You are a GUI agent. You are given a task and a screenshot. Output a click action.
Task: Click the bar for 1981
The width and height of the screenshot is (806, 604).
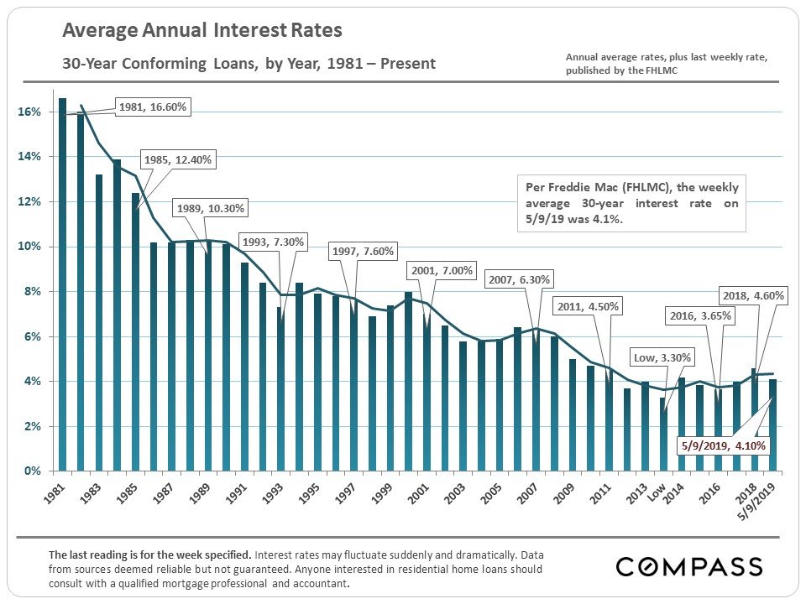pyautogui.click(x=62, y=285)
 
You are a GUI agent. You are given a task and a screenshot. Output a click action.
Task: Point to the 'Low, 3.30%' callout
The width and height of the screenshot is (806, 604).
pyautogui.click(x=663, y=357)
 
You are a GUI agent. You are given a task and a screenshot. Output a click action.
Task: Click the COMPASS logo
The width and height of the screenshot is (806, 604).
pyautogui.click(x=689, y=566)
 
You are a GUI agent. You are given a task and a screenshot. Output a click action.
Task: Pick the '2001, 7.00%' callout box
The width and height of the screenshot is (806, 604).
pyautogui.click(x=442, y=270)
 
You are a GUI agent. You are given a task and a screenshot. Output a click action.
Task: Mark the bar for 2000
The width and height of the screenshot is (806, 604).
pyautogui.click(x=409, y=382)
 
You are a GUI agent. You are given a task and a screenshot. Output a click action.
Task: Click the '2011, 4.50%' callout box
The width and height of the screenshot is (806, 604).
pyautogui.click(x=589, y=306)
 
